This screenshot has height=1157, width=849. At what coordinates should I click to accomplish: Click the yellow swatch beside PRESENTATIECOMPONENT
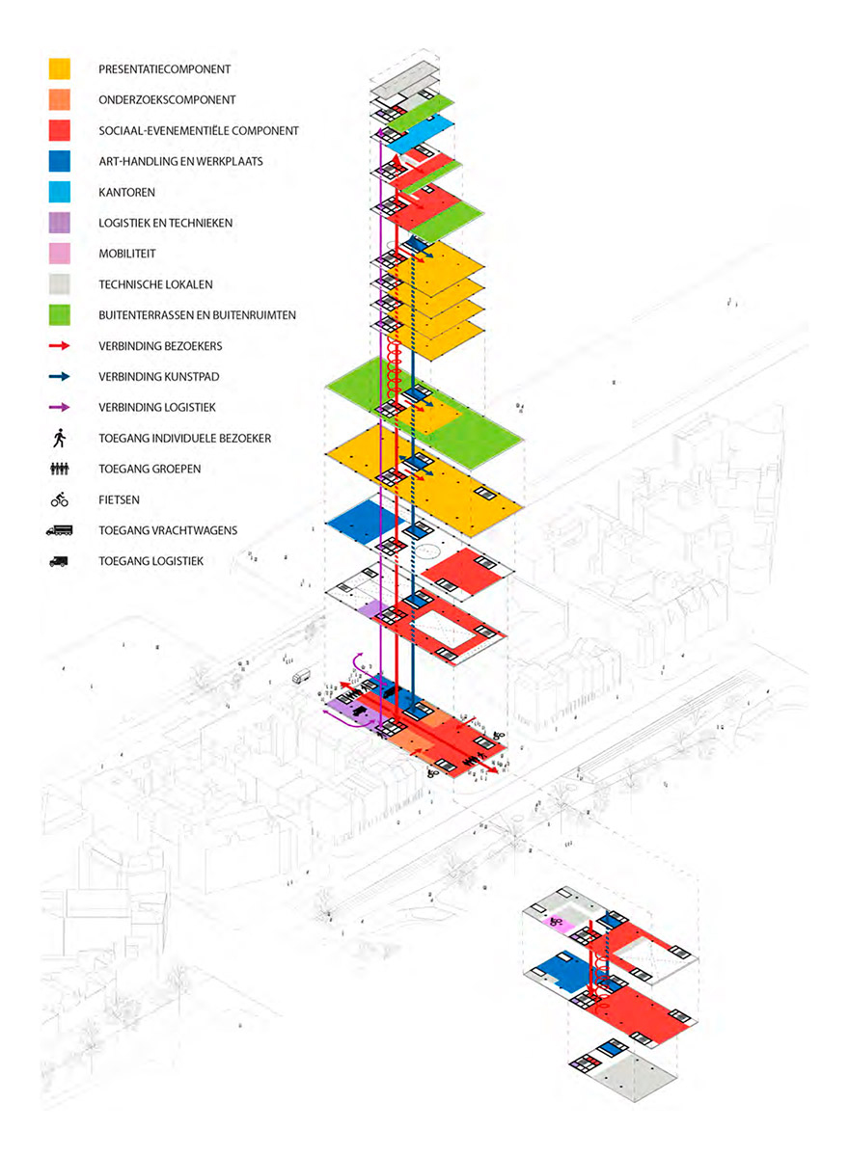[60, 68]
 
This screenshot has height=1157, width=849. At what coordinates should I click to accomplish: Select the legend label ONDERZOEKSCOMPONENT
[167, 99]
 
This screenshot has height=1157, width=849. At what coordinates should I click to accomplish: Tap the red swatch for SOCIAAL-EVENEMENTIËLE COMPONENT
[60, 130]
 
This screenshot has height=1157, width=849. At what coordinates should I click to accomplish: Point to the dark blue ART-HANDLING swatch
[60, 161]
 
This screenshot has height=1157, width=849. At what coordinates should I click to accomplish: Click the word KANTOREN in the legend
[126, 192]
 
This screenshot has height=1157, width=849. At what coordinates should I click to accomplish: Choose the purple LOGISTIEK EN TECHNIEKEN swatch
[60, 223]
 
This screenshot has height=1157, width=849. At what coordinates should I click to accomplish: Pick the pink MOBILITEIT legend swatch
[60, 254]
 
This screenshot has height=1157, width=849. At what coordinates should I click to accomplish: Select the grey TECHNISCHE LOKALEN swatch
[60, 284]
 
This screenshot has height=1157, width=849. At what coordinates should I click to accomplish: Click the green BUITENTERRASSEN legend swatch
[60, 315]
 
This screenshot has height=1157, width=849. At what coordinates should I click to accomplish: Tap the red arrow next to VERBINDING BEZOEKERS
[60, 345]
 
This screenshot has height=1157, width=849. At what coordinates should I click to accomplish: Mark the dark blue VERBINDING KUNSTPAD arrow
[60, 377]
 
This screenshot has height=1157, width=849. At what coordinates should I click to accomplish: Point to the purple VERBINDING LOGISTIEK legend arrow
[60, 407]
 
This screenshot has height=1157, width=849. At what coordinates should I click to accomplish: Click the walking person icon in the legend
[60, 438]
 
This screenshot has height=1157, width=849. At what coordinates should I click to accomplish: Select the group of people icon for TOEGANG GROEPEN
[60, 469]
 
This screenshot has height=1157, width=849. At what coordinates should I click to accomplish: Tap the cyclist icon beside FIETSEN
[60, 499]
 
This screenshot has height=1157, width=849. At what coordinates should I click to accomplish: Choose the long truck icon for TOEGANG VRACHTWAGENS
[60, 530]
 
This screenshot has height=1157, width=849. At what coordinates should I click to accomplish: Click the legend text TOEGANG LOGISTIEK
[151, 561]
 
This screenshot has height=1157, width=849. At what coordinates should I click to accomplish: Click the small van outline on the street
[301, 676]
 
